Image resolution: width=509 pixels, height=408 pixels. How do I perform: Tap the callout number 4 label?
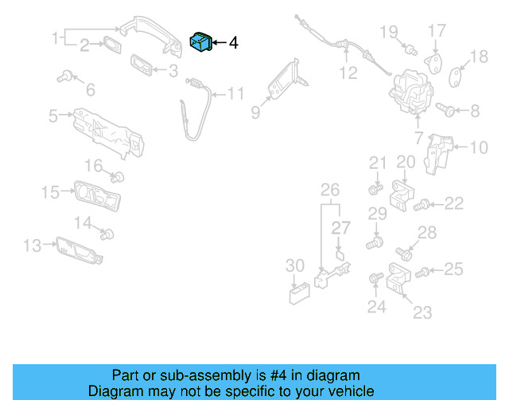[x=233, y=43]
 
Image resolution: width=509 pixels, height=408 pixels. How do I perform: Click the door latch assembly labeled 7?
[x=410, y=92]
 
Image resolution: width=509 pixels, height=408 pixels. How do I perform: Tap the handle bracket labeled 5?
[x=111, y=131]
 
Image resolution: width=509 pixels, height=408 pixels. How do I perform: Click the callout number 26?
[x=329, y=190]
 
